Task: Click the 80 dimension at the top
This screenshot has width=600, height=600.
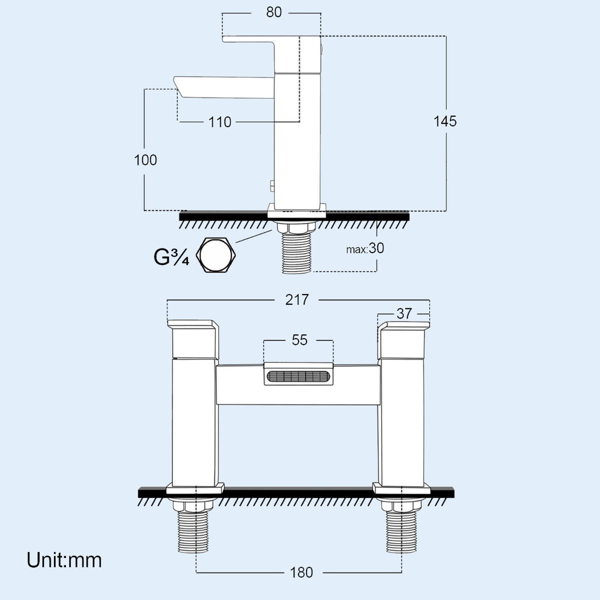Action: coord(273,12)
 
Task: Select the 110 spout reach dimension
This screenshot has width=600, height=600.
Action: coord(220,121)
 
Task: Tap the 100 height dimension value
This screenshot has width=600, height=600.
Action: coord(145,160)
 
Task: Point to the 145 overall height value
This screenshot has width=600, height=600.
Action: coord(445,121)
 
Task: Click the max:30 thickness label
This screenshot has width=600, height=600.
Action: coord(365,248)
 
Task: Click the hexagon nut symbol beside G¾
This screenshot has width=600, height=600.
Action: coord(215,255)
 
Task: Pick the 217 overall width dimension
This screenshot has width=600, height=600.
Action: coord(297,299)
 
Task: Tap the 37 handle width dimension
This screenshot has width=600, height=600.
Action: coord(404,313)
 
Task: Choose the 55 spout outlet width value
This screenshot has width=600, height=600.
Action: coord(299,340)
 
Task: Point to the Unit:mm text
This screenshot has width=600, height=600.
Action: coord(64,559)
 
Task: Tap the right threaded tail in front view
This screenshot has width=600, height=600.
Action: coord(401,532)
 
